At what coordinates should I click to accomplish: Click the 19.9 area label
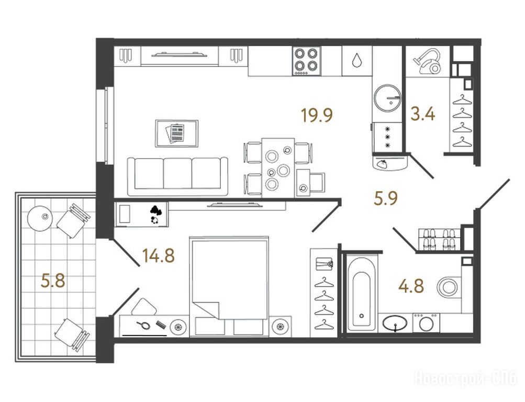[x=317, y=116]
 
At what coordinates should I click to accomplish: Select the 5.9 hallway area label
[x=386, y=198]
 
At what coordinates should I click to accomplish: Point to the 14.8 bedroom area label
[x=159, y=256]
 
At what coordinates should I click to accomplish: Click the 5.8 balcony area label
[x=53, y=281]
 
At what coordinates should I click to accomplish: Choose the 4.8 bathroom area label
[x=411, y=286]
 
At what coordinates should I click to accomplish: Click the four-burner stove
[x=306, y=61]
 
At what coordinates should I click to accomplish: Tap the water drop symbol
[x=357, y=61]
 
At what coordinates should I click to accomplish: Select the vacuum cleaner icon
[x=427, y=61]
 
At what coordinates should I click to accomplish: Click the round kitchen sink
[x=387, y=97]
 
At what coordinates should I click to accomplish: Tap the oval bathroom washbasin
[x=395, y=323]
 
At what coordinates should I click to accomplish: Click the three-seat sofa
[x=178, y=176]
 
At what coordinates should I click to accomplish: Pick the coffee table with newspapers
[x=176, y=133]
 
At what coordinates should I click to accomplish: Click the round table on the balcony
[x=40, y=218]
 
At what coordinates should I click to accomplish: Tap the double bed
[x=229, y=286]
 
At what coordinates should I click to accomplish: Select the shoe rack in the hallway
[x=439, y=239]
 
